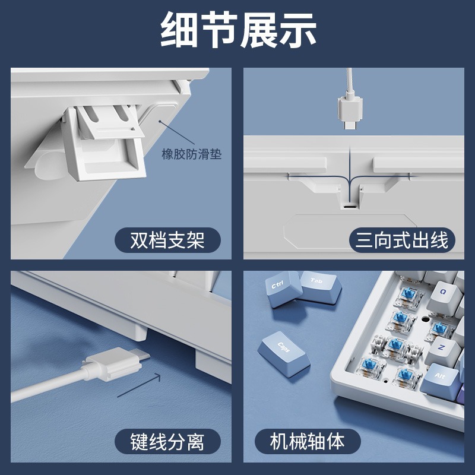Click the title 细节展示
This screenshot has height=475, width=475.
238,30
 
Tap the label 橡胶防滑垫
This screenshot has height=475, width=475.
191,154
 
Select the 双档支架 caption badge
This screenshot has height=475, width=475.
167,240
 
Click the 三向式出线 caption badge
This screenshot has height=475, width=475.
402,240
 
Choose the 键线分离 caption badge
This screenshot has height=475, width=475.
167,442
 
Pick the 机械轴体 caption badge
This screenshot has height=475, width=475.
308,441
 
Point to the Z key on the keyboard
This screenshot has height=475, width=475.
444,350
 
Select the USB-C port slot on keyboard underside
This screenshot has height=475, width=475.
350,207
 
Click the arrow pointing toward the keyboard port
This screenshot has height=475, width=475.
139,385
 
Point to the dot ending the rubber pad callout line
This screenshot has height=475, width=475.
160,122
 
